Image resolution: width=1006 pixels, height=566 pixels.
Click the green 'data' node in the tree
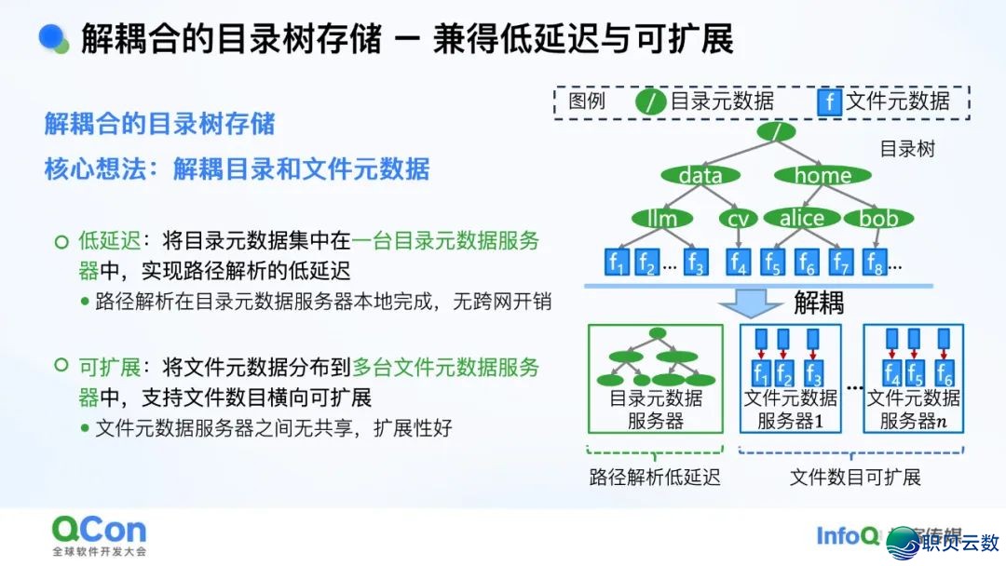pos(700,175)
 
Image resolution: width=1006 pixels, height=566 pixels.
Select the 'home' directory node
pos(822,175)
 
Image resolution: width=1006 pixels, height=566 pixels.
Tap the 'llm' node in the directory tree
pos(661,219)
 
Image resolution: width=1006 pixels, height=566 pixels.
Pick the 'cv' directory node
pos(739,219)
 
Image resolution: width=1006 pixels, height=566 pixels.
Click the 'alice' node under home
pos(801,219)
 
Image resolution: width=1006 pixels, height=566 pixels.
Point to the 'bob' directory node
pos(877,219)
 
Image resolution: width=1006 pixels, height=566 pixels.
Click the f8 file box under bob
pos(873,263)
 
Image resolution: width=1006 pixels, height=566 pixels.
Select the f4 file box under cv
pos(738,263)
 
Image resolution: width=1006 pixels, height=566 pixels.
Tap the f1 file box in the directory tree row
pos(617,263)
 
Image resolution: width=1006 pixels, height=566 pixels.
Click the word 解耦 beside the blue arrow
pos(819,303)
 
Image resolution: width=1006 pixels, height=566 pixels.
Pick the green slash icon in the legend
pos(650,101)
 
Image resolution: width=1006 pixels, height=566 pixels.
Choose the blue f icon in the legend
pos(828,101)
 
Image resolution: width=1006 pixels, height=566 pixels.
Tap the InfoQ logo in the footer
pos(847,536)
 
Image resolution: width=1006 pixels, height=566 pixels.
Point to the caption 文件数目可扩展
pos(855,478)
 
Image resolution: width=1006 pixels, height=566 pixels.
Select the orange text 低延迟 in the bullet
pos(109,241)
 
